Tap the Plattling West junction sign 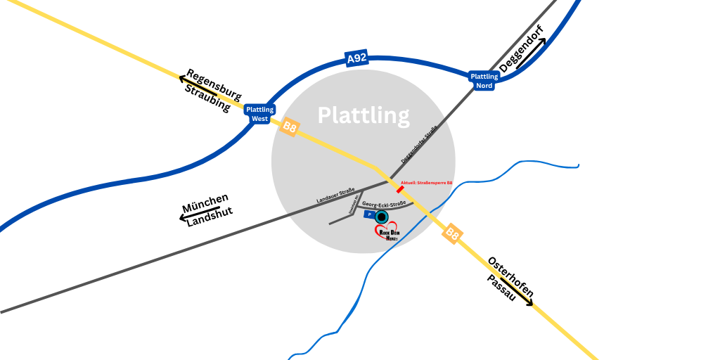tap(259, 114)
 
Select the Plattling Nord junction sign tap(484, 81)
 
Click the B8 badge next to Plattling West tap(290, 127)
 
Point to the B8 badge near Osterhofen tap(452, 235)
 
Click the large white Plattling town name tap(364, 115)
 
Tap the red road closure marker tap(400, 189)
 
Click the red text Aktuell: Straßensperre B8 tap(426, 183)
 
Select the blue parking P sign tap(368, 214)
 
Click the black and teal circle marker tap(382, 217)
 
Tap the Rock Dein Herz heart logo tap(388, 233)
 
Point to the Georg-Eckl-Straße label tap(384, 204)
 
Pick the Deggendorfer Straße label tap(420, 144)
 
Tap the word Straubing tap(207, 98)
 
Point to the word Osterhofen tap(510, 276)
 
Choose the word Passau tap(502, 289)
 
